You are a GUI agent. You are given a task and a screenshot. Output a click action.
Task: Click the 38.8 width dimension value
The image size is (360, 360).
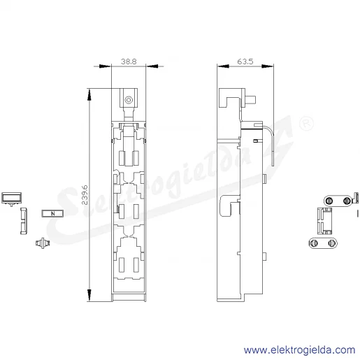(x=129, y=62)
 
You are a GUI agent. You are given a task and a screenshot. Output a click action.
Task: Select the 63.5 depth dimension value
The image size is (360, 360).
(x=245, y=62)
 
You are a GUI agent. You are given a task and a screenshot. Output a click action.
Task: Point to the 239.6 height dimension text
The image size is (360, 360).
(x=85, y=195)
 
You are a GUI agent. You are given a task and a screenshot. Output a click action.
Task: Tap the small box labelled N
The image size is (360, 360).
(x=52, y=213)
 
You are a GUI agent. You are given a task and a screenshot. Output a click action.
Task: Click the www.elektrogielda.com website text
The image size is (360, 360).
(x=300, y=350)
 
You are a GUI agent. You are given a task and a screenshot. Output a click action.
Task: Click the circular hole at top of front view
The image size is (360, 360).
(x=129, y=100)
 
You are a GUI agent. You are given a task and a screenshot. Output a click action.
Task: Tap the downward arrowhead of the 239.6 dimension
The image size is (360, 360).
(x=89, y=295)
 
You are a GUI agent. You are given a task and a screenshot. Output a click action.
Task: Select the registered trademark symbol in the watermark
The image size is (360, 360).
(x=306, y=124)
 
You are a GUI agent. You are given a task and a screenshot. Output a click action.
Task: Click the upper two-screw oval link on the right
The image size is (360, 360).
(x=338, y=201)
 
